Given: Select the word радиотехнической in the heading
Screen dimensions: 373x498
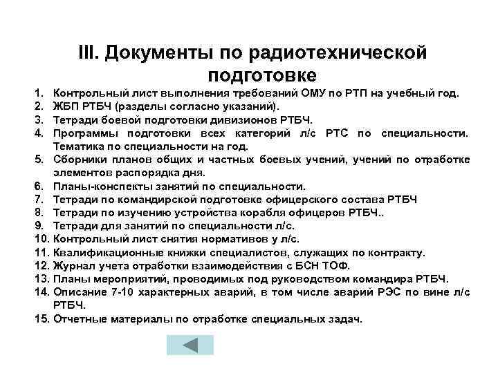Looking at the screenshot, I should (345, 54).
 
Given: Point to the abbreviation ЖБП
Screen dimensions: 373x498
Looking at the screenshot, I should (69, 106).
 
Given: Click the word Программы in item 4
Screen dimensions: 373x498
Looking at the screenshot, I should (86, 133).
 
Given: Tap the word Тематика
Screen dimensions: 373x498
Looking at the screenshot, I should (81, 146).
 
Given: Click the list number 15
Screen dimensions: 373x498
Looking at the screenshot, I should (40, 319).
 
